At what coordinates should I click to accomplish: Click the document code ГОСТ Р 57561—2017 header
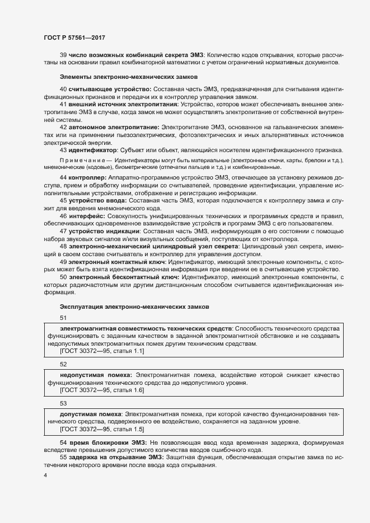[x=74, y=37]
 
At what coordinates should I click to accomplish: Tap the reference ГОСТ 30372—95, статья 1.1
[x=102, y=351]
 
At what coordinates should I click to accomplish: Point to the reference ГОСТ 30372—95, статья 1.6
[x=102, y=389]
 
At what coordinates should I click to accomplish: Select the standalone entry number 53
[x=63, y=403]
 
